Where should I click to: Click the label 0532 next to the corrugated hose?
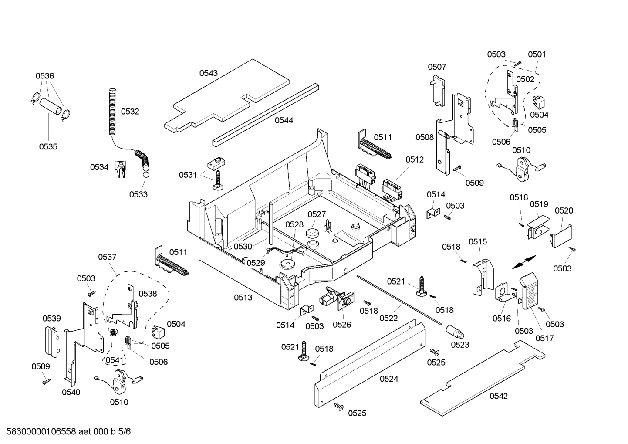point(130,112)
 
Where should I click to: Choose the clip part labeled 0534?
point(120,169)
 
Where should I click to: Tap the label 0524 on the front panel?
point(388,379)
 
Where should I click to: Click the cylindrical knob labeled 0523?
point(456,332)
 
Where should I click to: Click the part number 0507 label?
point(436,67)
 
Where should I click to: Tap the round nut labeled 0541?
point(113,333)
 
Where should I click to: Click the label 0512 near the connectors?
point(414,159)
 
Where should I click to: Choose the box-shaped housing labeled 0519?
point(537,226)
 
